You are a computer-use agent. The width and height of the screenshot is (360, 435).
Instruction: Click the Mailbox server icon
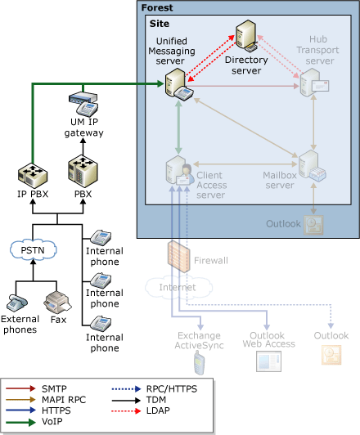click(x=311, y=166)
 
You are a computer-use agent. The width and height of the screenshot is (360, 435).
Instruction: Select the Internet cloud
click(x=166, y=287)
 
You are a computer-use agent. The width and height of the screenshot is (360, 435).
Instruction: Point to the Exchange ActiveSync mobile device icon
click(x=196, y=360)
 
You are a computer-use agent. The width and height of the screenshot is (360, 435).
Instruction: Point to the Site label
click(x=160, y=23)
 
